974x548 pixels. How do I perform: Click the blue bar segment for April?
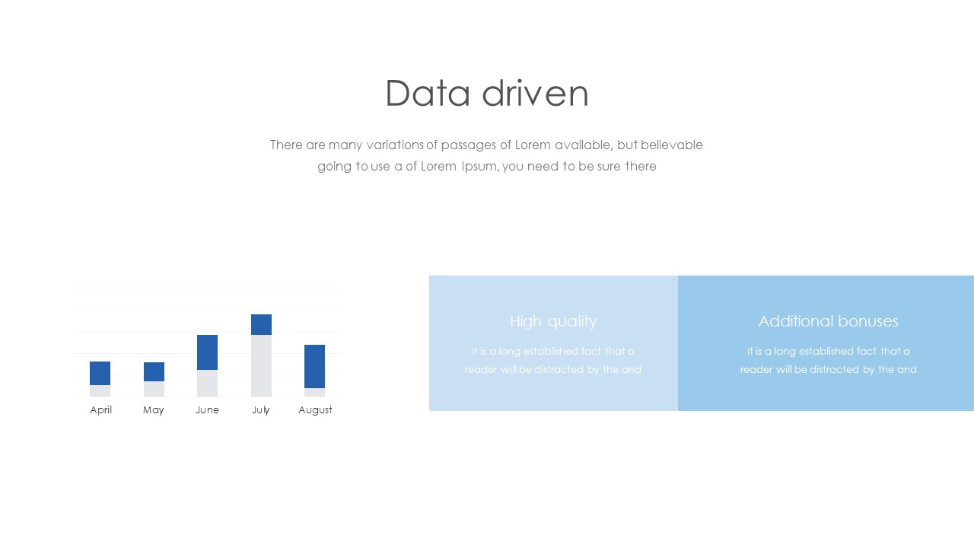click(100, 373)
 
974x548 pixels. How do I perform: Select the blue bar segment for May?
click(154, 372)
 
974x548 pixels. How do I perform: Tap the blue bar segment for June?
click(208, 352)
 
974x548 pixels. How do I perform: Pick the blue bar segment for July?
click(261, 324)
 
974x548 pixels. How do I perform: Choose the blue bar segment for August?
click(314, 366)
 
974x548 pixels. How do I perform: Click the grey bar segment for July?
click(261, 366)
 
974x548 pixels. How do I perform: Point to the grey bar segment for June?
click(208, 383)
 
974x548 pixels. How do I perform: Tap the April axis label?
click(101, 410)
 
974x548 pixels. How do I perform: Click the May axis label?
click(154, 410)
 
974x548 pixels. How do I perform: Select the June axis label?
click(208, 410)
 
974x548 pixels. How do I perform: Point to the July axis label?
click(261, 410)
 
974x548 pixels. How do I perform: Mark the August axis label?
click(315, 410)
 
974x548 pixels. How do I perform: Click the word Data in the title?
click(428, 93)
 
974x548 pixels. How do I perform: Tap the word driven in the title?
click(536, 93)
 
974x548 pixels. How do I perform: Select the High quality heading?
click(553, 322)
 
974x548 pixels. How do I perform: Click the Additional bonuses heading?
click(829, 321)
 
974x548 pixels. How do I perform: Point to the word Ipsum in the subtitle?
click(479, 167)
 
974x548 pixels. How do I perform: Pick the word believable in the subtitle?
click(672, 145)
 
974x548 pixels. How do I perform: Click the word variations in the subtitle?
click(395, 145)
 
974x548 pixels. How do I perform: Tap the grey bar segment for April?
click(100, 391)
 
